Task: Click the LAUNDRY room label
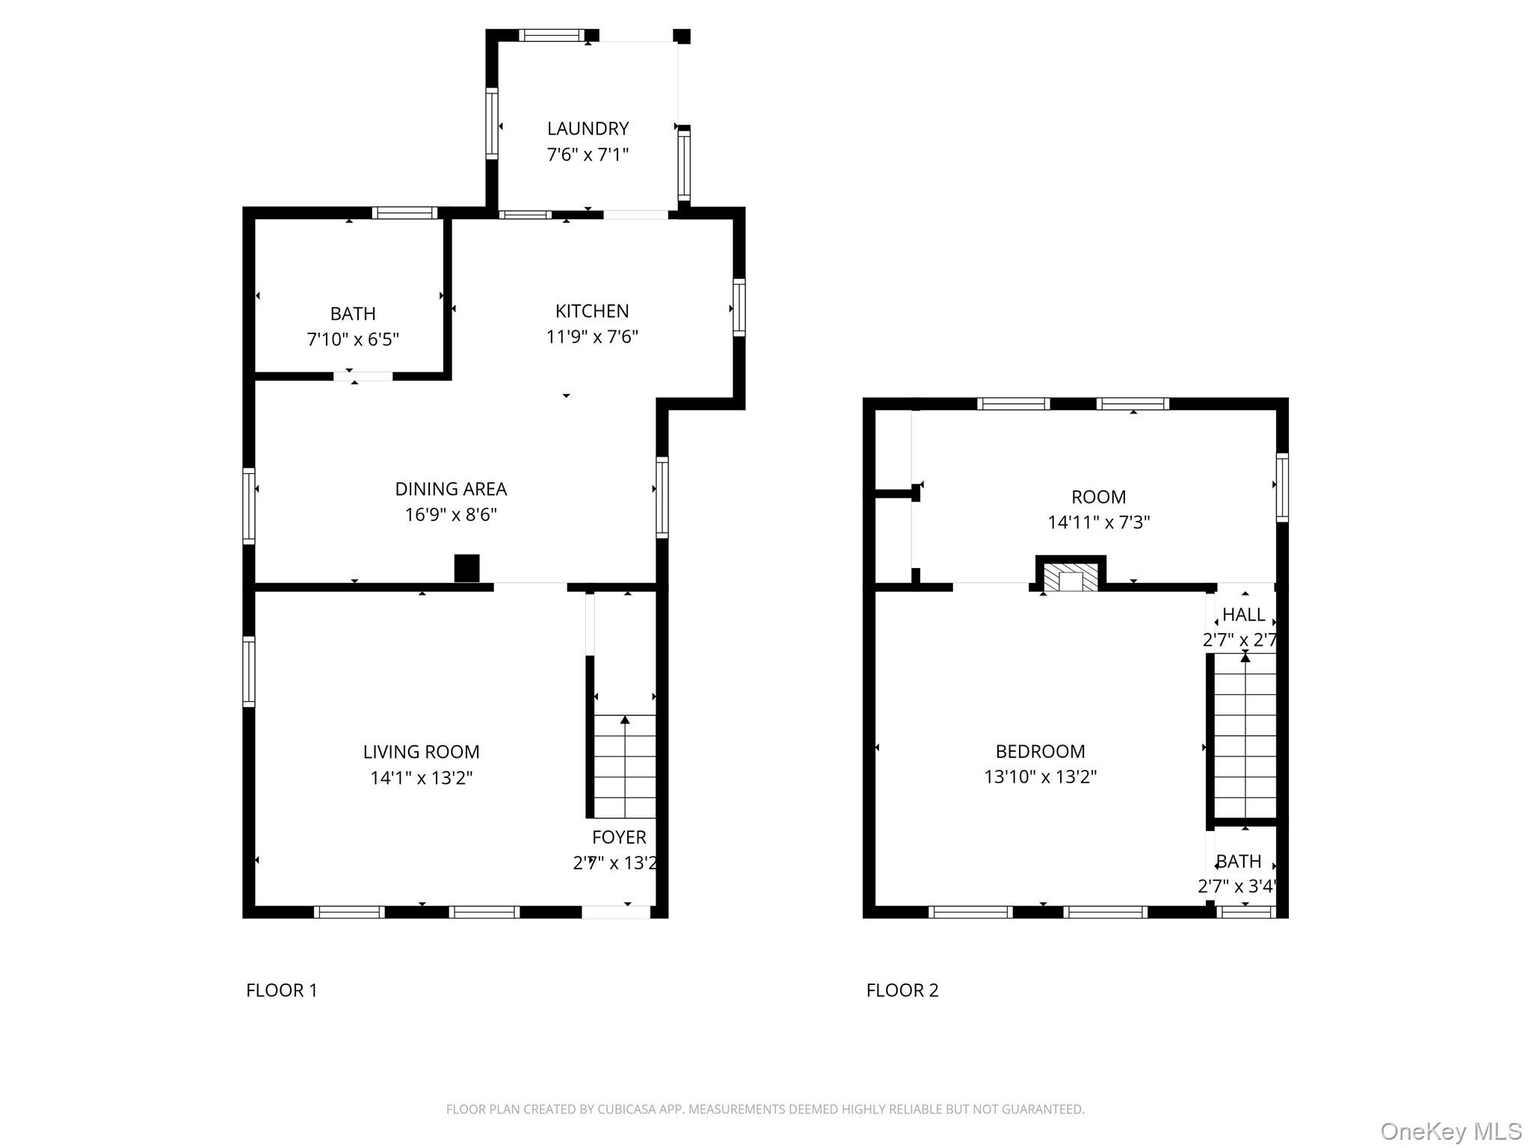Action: click(588, 129)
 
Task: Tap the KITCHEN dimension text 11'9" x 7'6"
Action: click(592, 337)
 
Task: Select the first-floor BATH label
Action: click(353, 314)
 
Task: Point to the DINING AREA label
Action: click(451, 489)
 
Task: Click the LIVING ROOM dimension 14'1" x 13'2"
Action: click(422, 778)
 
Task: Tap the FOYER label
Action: click(619, 837)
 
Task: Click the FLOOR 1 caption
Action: click(282, 990)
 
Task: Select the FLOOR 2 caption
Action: click(902, 990)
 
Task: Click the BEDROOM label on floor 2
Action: click(1040, 751)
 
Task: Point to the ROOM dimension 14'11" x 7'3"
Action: click(1098, 522)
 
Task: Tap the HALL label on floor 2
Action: click(1244, 615)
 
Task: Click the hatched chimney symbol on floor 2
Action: click(1071, 576)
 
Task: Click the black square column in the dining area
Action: click(466, 568)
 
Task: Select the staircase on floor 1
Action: click(625, 766)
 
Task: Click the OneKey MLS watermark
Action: click(1451, 1131)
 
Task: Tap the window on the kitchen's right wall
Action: click(739, 307)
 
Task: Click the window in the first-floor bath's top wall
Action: click(404, 213)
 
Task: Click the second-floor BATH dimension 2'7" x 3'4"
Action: click(1237, 886)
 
